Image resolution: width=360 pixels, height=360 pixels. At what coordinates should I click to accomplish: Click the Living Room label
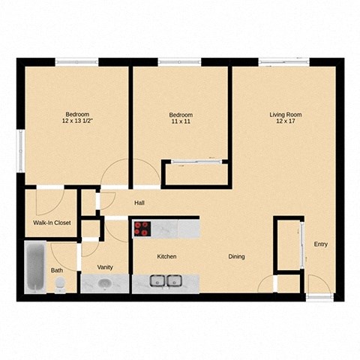click(x=285, y=115)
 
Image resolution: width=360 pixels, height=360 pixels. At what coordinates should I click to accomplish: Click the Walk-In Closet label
click(x=51, y=223)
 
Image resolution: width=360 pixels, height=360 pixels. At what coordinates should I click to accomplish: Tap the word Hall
click(x=139, y=202)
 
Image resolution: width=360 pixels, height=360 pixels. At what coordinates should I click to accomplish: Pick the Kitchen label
click(x=166, y=257)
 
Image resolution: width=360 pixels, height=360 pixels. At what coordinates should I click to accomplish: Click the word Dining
click(x=236, y=257)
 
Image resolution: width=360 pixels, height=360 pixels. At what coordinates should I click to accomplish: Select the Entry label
click(x=320, y=244)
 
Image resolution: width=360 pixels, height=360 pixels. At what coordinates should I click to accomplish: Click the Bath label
click(x=57, y=270)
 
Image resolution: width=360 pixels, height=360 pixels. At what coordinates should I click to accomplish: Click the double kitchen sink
click(x=165, y=282)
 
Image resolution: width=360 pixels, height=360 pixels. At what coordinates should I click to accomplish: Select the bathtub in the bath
click(x=34, y=267)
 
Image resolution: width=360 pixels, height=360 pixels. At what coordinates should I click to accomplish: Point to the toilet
click(x=60, y=283)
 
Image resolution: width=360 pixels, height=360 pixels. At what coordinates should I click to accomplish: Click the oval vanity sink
click(x=104, y=283)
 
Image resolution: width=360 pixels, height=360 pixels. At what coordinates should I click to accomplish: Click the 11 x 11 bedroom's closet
click(x=195, y=174)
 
